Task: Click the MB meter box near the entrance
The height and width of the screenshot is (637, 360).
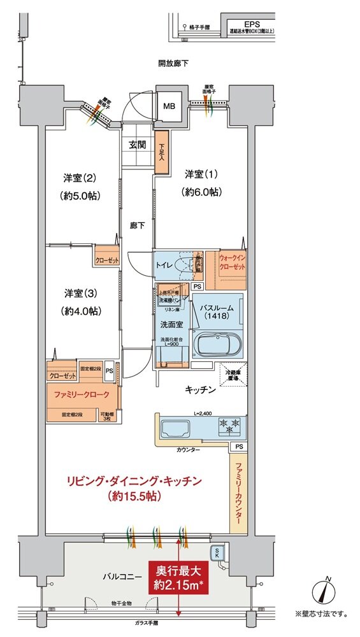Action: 169,106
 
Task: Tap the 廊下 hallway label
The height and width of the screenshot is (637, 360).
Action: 136,225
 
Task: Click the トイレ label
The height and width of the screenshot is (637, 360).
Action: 164,264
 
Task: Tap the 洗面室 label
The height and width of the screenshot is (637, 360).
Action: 171,323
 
